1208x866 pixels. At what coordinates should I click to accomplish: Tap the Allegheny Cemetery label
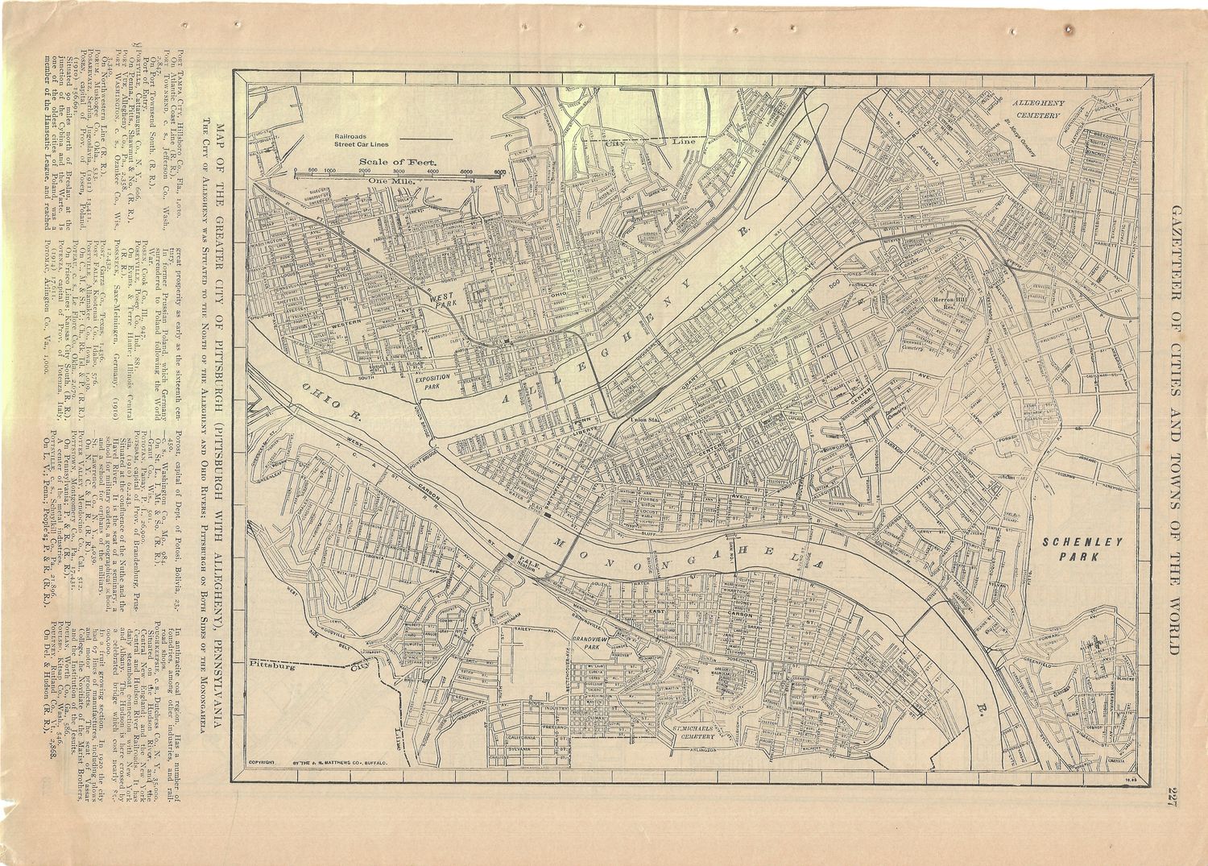1039,110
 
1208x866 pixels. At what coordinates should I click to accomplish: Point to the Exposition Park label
437,381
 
